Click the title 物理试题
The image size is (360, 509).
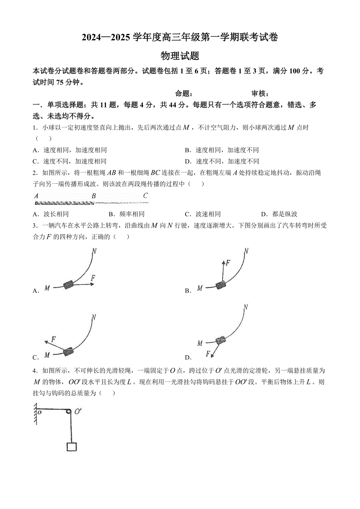[180, 56]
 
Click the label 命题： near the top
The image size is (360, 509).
[183, 93]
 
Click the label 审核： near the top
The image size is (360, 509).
[260, 93]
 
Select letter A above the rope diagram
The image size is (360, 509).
[36, 196]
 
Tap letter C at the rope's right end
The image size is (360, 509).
[146, 196]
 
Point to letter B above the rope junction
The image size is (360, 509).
[94, 196]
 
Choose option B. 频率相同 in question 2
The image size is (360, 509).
[126, 214]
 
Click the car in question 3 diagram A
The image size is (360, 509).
[69, 285]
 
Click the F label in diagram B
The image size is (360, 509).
[228, 263]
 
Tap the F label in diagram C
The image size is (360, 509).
[53, 339]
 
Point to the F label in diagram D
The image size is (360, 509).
[209, 354]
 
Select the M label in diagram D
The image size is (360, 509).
[200, 343]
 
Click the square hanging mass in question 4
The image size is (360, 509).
[71, 446]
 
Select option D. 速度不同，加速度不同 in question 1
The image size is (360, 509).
[222, 161]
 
